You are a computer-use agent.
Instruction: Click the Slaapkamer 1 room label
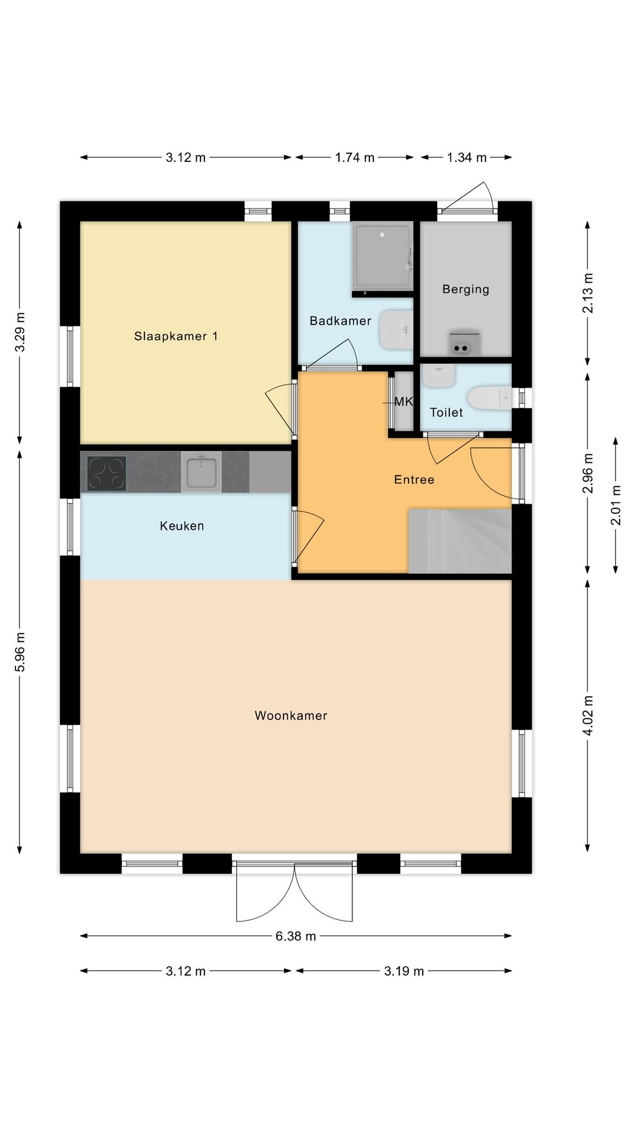pyautogui.click(x=176, y=336)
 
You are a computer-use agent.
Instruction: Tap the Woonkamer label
pyautogui.click(x=291, y=715)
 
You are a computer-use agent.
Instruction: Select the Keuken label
pyautogui.click(x=182, y=526)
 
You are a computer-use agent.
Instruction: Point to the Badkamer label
pyautogui.click(x=340, y=321)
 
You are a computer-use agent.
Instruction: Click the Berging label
pyautogui.click(x=466, y=289)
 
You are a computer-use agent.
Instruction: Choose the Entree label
pyautogui.click(x=414, y=480)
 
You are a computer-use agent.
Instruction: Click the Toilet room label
pyautogui.click(x=446, y=412)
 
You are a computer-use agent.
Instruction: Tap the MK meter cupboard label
pyautogui.click(x=403, y=402)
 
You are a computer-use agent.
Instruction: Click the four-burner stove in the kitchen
pyautogui.click(x=107, y=473)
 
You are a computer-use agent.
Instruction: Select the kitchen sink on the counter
pyautogui.click(x=201, y=472)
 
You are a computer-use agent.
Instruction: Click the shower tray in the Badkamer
pyautogui.click(x=383, y=256)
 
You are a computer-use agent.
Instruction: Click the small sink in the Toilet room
pyautogui.click(x=439, y=375)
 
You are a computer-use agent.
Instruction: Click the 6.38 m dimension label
pyautogui.click(x=296, y=936)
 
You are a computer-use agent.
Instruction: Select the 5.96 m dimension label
pyautogui.click(x=20, y=652)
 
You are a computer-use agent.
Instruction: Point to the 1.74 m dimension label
pyautogui.click(x=355, y=158)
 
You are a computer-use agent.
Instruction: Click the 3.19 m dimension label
pyautogui.click(x=404, y=971)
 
